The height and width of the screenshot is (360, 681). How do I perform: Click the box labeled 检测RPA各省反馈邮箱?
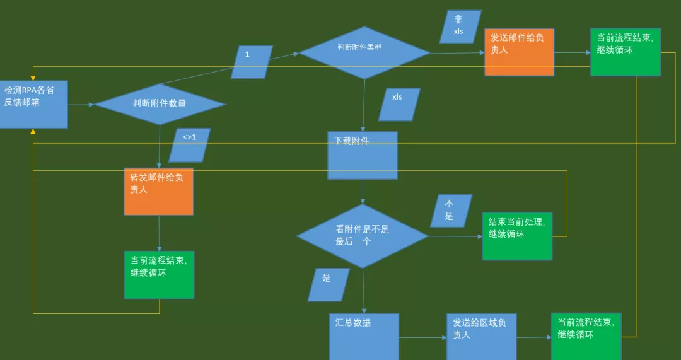pos(33,104)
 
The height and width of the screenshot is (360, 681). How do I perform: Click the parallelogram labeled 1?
pos(252,62)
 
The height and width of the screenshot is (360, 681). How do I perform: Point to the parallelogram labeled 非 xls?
pos(460,26)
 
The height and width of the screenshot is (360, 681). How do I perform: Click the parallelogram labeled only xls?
pos(399,104)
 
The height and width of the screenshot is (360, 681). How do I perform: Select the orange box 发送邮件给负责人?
pos(519,52)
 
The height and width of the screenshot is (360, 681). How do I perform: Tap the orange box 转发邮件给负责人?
pos(158,192)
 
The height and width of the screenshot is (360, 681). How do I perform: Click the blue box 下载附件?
pos(362,155)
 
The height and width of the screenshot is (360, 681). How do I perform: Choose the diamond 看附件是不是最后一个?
pos(362,236)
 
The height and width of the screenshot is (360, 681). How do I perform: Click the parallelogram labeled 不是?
pos(451,211)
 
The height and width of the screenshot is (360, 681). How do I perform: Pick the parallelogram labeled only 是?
pos(328,284)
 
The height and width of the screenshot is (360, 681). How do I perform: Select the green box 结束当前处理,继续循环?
pos(517,236)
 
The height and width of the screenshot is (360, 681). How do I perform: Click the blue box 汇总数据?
pos(364,336)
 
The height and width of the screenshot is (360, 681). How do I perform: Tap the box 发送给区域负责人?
pos(481,336)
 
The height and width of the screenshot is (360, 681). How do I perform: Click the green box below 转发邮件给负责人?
pos(159,274)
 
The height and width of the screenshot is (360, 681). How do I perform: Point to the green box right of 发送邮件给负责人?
pos(625,52)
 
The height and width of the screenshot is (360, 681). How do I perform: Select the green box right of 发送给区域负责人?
pos(586,336)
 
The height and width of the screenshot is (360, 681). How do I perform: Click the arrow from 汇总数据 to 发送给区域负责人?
pos(422,337)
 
